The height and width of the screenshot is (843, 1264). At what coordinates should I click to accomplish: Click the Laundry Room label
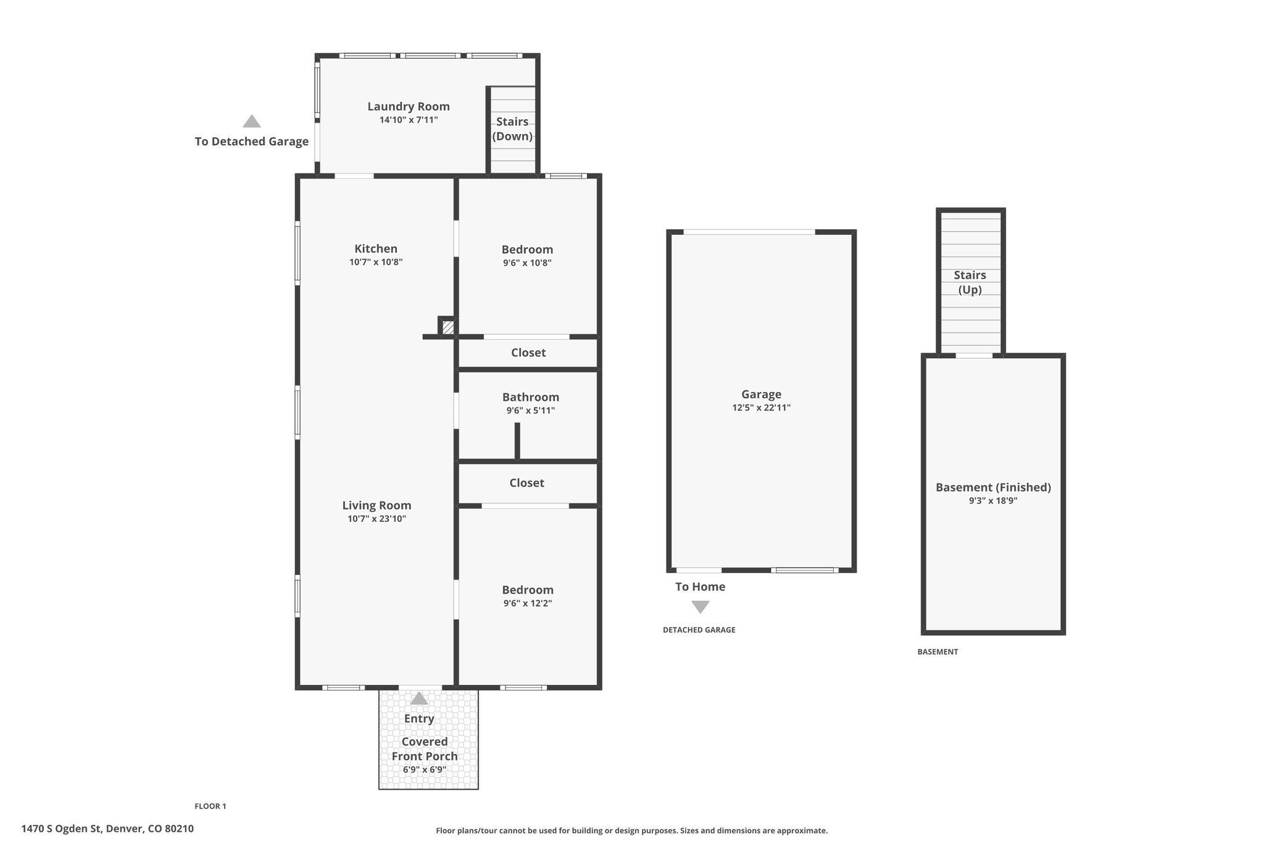coord(408,106)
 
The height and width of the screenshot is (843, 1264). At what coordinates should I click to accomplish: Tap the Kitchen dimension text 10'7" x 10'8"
coord(375,262)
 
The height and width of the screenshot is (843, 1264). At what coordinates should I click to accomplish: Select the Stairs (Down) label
coord(512,128)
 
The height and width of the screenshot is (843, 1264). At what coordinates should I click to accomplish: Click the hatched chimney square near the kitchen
coord(448,327)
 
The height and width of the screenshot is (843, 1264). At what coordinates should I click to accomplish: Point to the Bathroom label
coord(530,397)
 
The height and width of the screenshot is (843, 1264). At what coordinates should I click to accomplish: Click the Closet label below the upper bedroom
coord(528,353)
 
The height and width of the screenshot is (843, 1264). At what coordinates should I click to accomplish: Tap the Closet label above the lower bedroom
coord(526,483)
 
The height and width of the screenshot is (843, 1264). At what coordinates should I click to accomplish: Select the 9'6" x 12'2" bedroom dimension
coord(527,603)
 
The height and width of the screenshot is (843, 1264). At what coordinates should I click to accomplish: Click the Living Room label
coord(376,505)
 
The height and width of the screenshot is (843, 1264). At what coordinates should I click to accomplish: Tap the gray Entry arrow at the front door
coord(419,698)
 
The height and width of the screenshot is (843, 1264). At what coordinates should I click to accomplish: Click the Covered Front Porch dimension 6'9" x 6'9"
coord(425,770)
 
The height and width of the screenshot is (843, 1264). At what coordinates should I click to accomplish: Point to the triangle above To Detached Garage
coord(251,121)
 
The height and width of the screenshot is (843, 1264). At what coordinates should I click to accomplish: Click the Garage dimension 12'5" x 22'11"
coord(761,408)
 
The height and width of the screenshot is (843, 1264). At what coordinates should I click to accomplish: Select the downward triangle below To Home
coord(700,607)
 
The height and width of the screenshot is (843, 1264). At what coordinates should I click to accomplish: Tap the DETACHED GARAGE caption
coord(699,630)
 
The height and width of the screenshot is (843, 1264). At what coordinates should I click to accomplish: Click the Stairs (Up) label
coord(970,282)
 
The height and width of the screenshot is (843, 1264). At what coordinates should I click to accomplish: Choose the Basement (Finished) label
coord(992,487)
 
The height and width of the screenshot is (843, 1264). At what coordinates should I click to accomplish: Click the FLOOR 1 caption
coord(210,806)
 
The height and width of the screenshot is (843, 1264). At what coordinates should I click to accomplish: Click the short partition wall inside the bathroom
coord(517,441)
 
